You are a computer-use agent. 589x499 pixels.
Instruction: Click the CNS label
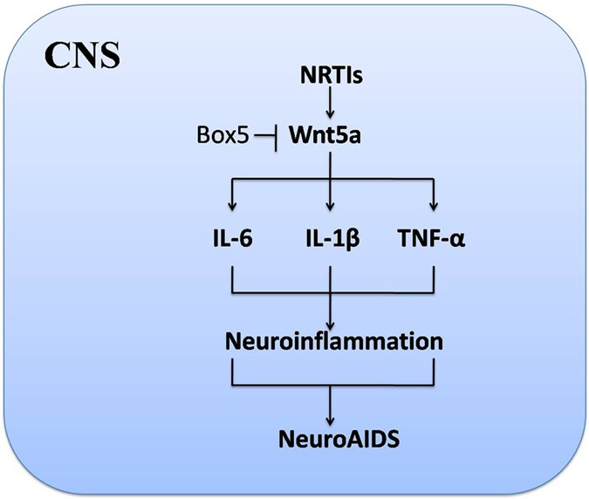coord(83,59)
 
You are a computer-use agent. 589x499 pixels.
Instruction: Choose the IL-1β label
coord(331,236)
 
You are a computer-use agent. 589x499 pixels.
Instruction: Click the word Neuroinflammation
coord(331,340)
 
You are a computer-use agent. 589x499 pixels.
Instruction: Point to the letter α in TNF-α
coord(458,237)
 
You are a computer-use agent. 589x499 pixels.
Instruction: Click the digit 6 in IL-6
coord(247,236)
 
